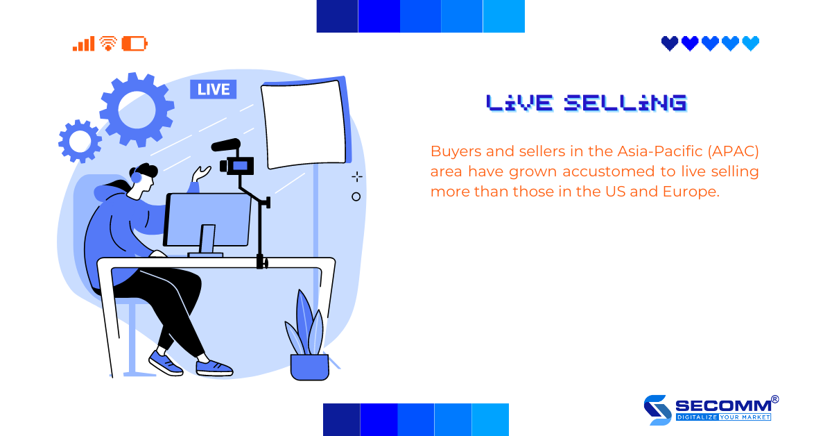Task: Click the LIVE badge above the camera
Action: (x=214, y=90)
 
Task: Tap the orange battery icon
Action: (x=135, y=44)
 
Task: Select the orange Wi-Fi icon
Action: (x=107, y=44)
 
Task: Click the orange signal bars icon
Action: (x=83, y=44)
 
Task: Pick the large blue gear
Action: (x=136, y=109)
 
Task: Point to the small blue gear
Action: (x=80, y=141)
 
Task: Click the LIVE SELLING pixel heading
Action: (x=586, y=103)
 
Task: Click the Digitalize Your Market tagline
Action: (x=723, y=418)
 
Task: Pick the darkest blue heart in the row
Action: (x=670, y=44)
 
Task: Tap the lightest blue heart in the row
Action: (x=751, y=44)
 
